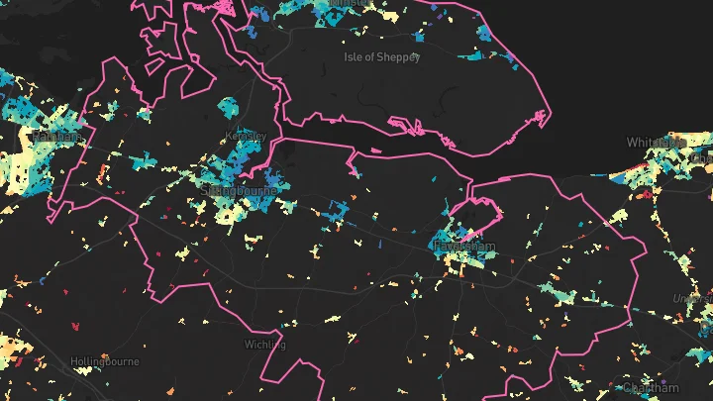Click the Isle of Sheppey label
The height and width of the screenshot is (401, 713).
click(382, 56)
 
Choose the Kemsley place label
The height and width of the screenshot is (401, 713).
click(246, 136)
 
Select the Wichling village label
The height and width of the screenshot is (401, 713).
click(264, 345)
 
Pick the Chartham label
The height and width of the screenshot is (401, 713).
click(652, 387)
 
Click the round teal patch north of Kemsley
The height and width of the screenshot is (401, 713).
click(229, 106)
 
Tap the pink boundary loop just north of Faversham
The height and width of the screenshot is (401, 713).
click(481, 203)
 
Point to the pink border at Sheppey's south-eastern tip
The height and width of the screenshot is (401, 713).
click(544, 116)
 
